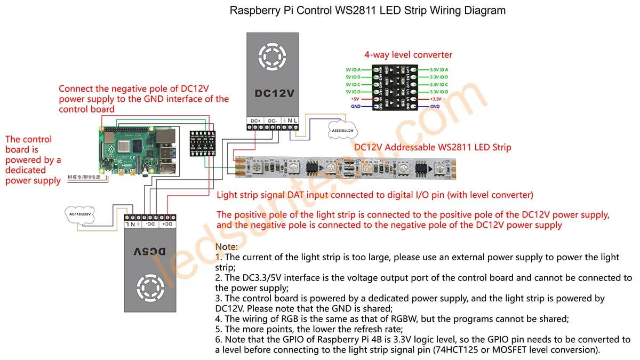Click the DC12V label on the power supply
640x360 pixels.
(274, 93)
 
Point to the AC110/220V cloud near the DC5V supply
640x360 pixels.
(81, 213)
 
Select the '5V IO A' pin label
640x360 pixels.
(353, 70)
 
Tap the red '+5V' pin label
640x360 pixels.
(355, 99)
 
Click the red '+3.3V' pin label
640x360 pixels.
(436, 99)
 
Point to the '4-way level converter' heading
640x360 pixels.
(408, 54)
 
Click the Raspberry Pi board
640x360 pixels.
(138, 153)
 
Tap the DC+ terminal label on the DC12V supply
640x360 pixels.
(255, 121)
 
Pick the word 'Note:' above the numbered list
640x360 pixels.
(227, 247)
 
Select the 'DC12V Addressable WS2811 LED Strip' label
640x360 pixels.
(433, 147)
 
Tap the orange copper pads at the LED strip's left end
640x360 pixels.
(239, 166)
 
